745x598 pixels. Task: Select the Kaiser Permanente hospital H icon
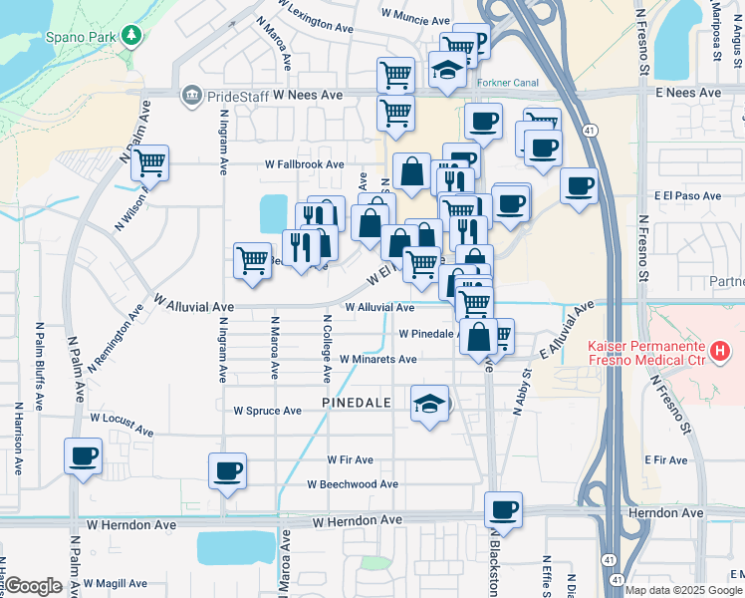723,351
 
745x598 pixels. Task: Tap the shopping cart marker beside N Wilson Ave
149,162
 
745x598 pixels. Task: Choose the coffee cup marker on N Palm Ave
84,456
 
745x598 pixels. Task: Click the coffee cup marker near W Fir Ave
228,470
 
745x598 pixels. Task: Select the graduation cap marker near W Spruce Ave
429,404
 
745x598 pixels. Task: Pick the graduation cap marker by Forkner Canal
447,71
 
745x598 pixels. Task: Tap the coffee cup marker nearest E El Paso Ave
579,185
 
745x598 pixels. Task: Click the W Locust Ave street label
122,426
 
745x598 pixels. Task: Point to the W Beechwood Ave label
353,484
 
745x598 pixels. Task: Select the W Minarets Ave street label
377,359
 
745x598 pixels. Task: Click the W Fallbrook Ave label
304,164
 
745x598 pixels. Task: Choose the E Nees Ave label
688,93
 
